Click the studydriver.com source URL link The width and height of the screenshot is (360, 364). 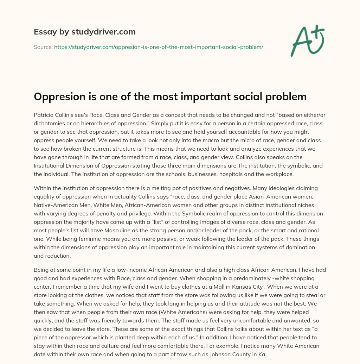(159, 47)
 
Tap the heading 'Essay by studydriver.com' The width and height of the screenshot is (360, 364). (85, 32)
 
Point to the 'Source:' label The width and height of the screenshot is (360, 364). (43, 47)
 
